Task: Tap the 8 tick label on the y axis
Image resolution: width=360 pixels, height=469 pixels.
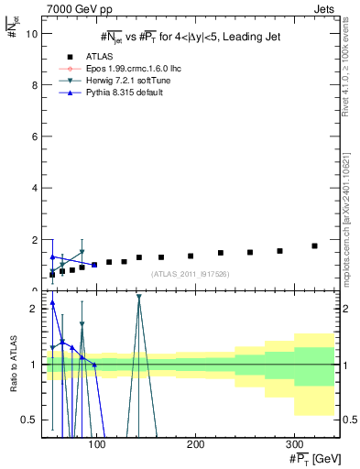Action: [x=34, y=85]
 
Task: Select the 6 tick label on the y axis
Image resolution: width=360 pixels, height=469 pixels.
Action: [x=34, y=136]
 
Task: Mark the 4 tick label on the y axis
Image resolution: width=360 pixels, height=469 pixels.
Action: [x=34, y=188]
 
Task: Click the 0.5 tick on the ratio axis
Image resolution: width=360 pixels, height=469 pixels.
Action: [x=29, y=420]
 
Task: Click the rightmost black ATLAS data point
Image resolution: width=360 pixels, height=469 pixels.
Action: [x=314, y=245]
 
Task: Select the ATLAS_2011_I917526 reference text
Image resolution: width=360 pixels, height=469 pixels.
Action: [x=190, y=274]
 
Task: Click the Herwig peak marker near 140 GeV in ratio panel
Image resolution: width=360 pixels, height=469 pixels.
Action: [x=138, y=297]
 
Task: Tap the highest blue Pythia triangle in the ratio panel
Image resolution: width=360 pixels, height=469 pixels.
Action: [x=52, y=303]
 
